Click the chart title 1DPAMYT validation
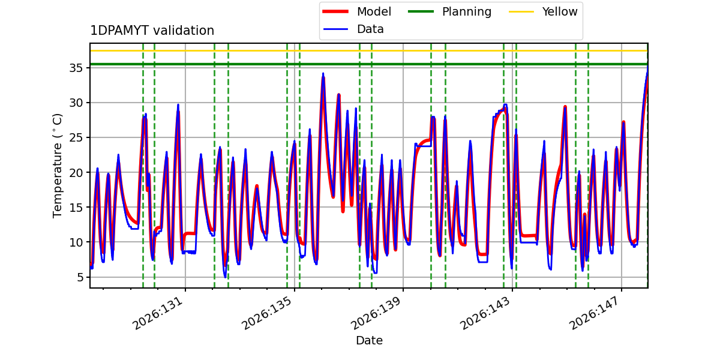point(152,31)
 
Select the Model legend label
point(374,11)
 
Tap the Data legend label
point(370,29)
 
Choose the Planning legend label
point(467,12)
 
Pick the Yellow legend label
point(560,11)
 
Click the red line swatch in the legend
point(335,11)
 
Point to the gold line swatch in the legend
point(521,11)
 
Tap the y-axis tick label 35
point(76,68)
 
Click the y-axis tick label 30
point(76,103)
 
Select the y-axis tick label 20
point(76,173)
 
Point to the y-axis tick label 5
point(80,277)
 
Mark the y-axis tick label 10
point(76,242)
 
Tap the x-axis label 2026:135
point(267,313)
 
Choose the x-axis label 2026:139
point(376,313)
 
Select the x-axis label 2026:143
point(485,313)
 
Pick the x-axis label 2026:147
point(595,313)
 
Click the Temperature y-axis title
point(57,166)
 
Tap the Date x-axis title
point(369,340)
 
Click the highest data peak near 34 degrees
point(323,74)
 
